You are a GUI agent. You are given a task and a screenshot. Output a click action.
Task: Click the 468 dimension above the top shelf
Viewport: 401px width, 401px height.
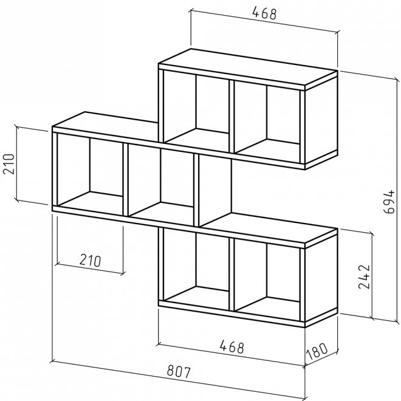click(264, 13)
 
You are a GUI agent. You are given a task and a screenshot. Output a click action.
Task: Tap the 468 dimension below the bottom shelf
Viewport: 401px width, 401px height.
click(232, 347)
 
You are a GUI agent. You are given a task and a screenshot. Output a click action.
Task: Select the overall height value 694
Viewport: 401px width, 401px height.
click(389, 202)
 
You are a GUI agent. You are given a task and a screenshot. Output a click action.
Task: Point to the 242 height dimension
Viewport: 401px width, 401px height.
click(364, 277)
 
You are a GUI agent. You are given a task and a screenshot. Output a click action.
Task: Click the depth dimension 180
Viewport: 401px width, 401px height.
click(317, 351)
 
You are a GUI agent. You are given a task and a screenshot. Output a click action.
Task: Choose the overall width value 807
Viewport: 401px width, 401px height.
click(179, 372)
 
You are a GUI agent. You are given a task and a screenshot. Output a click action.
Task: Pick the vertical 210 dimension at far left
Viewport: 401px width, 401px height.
click(9, 163)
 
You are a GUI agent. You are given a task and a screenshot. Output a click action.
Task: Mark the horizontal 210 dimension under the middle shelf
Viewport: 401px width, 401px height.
click(91, 260)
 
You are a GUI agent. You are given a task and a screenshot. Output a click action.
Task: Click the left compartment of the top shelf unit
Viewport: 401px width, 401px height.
click(196, 111)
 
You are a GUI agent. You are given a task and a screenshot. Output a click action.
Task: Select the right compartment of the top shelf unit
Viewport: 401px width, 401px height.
click(267, 122)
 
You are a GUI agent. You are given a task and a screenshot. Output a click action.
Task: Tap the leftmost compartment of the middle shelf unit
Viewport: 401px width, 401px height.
click(90, 174)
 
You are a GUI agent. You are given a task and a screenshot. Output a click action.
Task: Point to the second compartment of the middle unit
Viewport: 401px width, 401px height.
click(160, 185)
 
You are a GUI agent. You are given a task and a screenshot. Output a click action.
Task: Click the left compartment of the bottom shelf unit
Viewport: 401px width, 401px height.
click(196, 269)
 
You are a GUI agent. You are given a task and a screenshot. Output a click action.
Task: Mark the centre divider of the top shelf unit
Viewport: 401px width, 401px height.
click(231, 117)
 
